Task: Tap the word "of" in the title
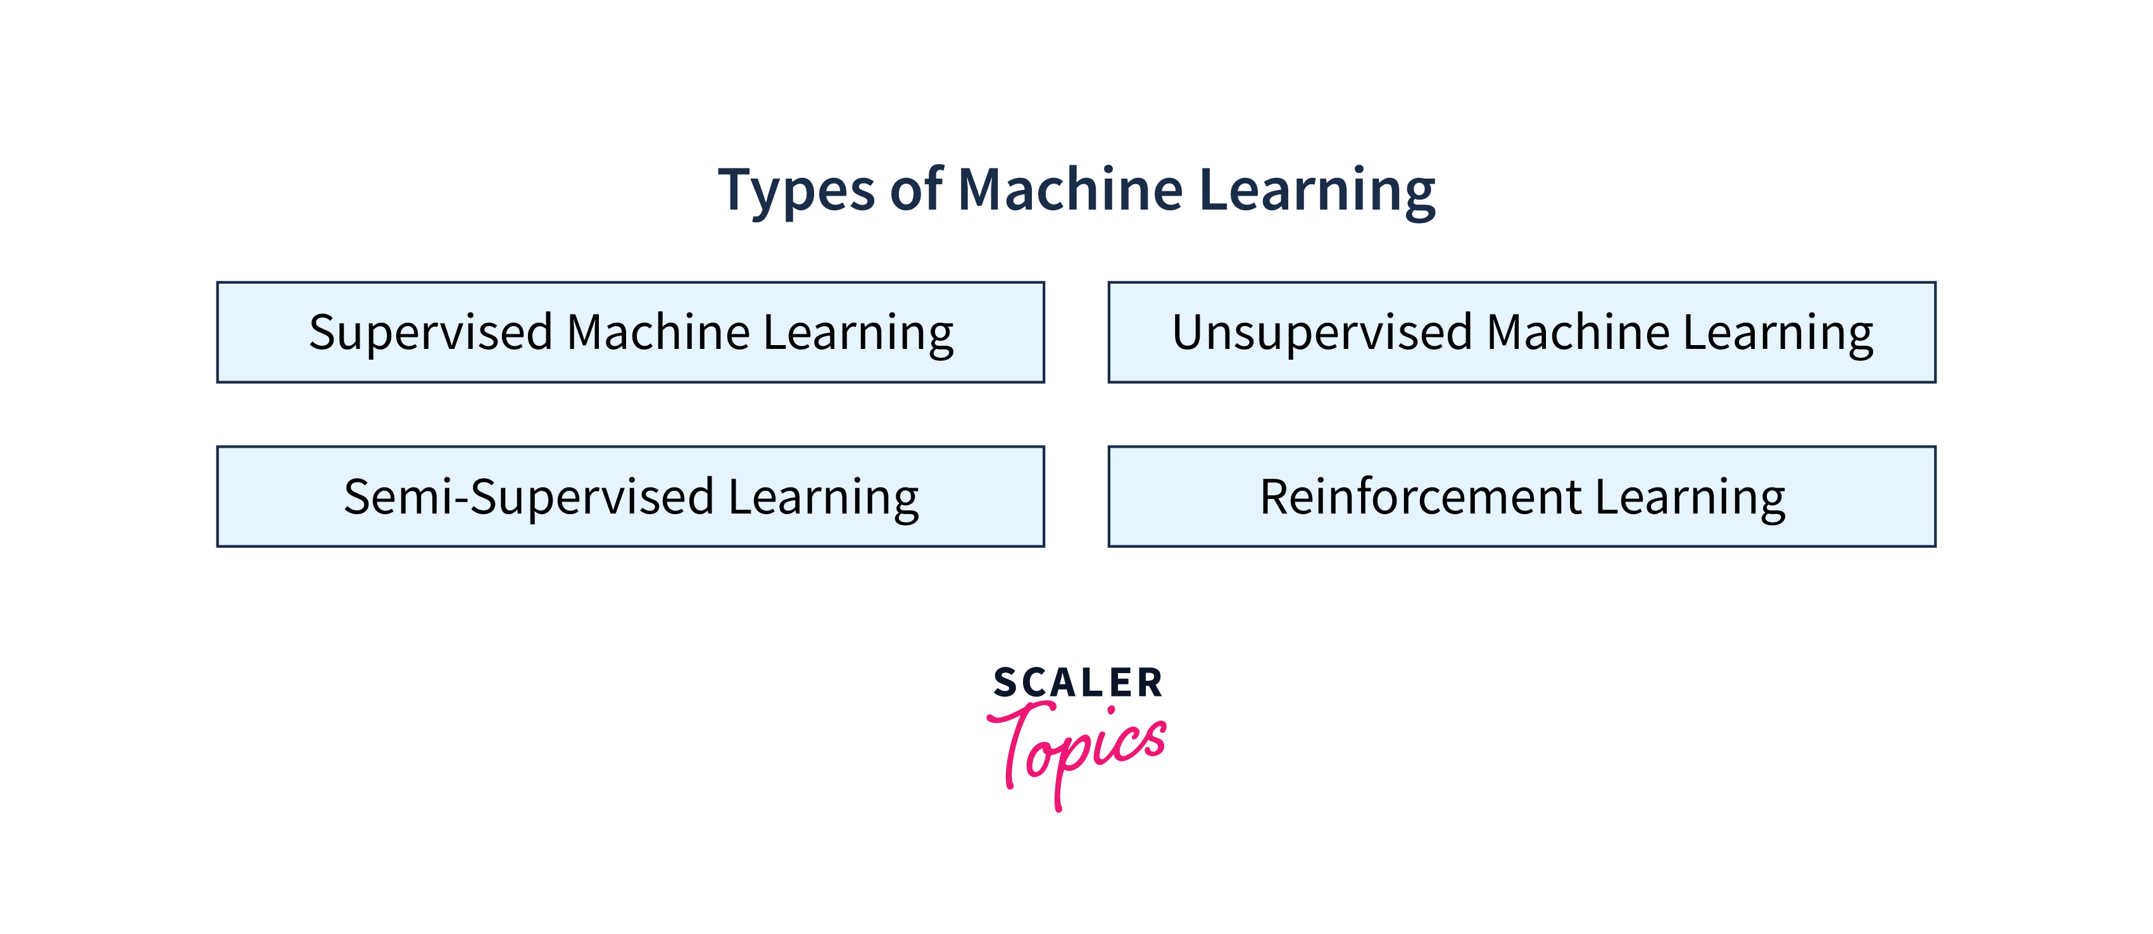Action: tap(916, 188)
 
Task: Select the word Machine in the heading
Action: tap(1070, 188)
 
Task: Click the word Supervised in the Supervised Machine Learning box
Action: tap(431, 334)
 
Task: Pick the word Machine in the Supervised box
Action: tap(658, 331)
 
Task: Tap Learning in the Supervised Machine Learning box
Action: tap(858, 334)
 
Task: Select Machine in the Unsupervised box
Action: tap(1578, 331)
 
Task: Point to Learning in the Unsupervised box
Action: tap(1778, 334)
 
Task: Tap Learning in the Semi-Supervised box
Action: tap(823, 498)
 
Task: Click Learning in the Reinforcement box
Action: tap(1690, 498)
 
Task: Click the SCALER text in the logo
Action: tap(1077, 683)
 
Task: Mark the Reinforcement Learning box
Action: tap(1522, 496)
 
